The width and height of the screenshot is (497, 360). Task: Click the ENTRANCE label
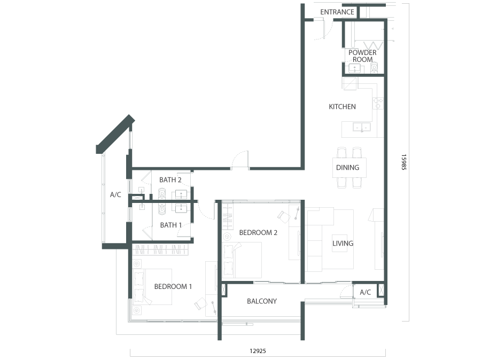(x=337, y=12)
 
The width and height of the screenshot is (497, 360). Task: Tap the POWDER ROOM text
(x=363, y=56)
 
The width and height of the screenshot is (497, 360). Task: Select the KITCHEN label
(x=343, y=107)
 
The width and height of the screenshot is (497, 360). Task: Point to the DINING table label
(x=348, y=168)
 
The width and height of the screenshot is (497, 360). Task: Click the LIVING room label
(x=343, y=244)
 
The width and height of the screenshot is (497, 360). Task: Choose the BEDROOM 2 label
(x=258, y=232)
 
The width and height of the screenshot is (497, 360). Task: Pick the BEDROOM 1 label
(x=173, y=286)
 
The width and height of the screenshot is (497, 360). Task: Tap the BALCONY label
(x=262, y=301)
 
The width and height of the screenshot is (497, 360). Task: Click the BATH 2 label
(x=170, y=180)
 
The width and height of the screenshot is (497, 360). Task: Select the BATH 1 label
(x=171, y=225)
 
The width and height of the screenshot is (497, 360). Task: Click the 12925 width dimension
(x=258, y=351)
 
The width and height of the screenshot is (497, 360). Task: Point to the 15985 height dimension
(x=404, y=162)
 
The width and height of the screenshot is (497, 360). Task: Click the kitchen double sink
(x=362, y=127)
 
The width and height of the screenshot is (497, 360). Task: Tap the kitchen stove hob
(x=378, y=103)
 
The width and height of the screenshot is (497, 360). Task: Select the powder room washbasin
(x=354, y=68)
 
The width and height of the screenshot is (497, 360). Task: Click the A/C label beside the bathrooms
(x=115, y=194)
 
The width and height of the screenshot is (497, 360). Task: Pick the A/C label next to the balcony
(x=365, y=292)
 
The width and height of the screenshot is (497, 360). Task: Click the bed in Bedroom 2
(x=242, y=260)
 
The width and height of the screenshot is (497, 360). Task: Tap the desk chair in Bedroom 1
(x=200, y=303)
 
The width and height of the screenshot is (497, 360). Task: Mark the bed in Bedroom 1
(x=152, y=287)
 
